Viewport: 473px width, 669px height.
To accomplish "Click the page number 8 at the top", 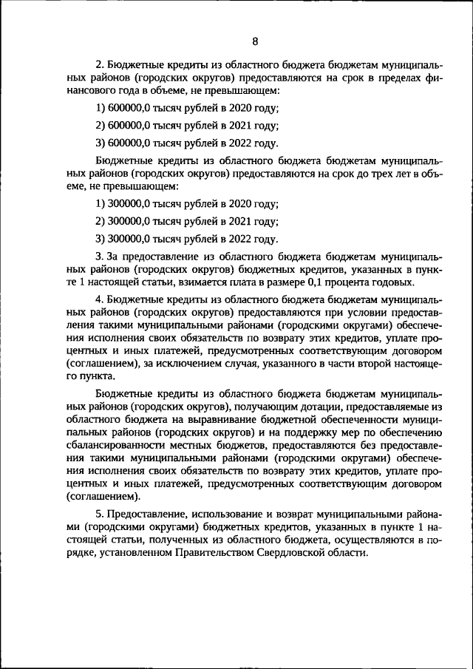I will tap(254, 41).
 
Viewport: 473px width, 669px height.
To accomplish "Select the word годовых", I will tap(393, 283).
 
